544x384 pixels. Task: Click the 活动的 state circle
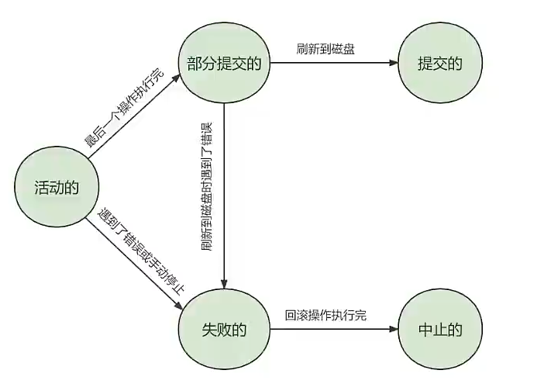[x=55, y=187]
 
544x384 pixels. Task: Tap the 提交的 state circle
[x=439, y=64]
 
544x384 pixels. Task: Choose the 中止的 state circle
[x=439, y=330]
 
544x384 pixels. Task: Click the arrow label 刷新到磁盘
[x=325, y=48]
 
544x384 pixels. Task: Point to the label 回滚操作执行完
[x=325, y=315]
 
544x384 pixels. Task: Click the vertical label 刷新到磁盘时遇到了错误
[x=207, y=186]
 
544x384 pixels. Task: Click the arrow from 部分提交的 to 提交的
[x=333, y=64]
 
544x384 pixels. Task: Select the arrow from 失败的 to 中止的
[x=333, y=330]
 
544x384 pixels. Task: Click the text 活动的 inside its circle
[x=55, y=187]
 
